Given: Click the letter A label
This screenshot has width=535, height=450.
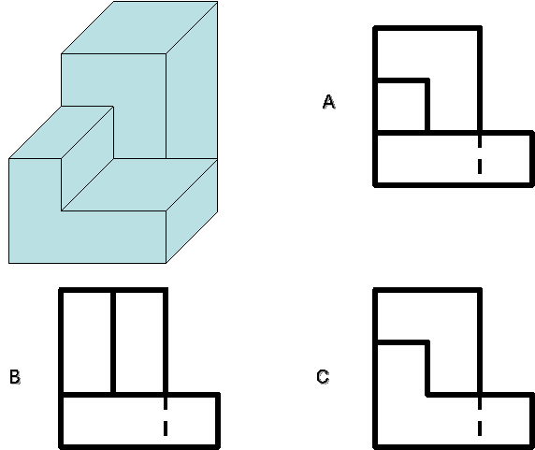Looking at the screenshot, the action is click(328, 102).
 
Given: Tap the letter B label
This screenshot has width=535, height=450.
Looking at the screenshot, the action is click(15, 377).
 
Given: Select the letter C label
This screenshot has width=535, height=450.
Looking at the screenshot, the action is click(323, 377).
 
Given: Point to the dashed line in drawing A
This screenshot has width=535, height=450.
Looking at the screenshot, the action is click(480, 154).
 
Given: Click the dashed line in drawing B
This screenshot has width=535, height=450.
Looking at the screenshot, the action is click(166, 416).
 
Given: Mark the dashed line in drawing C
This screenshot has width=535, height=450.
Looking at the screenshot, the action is click(480, 416).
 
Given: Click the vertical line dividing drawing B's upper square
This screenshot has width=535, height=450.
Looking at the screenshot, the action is click(113, 342).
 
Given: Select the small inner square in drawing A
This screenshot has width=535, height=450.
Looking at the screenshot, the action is click(401, 106).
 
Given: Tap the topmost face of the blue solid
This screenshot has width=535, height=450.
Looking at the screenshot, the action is click(139, 27).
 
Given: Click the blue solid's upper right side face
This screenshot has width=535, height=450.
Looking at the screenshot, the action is click(192, 80).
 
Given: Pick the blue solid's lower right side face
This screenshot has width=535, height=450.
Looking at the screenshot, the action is click(192, 210).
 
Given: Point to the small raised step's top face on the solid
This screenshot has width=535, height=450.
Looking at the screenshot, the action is click(62, 132).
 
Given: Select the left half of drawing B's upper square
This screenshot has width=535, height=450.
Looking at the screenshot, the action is click(87, 342).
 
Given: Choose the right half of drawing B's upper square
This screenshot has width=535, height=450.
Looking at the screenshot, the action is click(139, 342).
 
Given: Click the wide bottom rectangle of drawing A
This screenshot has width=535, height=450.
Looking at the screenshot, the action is click(454, 159).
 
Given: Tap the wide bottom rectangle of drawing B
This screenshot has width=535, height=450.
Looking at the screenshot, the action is click(139, 420).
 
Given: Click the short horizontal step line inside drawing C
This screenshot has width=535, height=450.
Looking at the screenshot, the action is click(401, 342).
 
